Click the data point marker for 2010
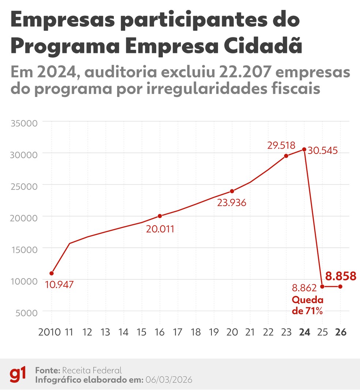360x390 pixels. click(52, 273)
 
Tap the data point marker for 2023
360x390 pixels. click(286, 156)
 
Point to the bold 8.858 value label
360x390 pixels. click(341, 276)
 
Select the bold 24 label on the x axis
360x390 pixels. click(304, 332)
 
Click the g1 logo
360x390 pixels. click(17, 375)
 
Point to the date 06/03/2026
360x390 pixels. click(169, 380)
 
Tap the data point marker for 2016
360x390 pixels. click(160, 216)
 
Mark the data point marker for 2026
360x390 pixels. click(340, 286)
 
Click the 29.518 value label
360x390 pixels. click(281, 145)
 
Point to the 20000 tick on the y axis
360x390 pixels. click(24, 218)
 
